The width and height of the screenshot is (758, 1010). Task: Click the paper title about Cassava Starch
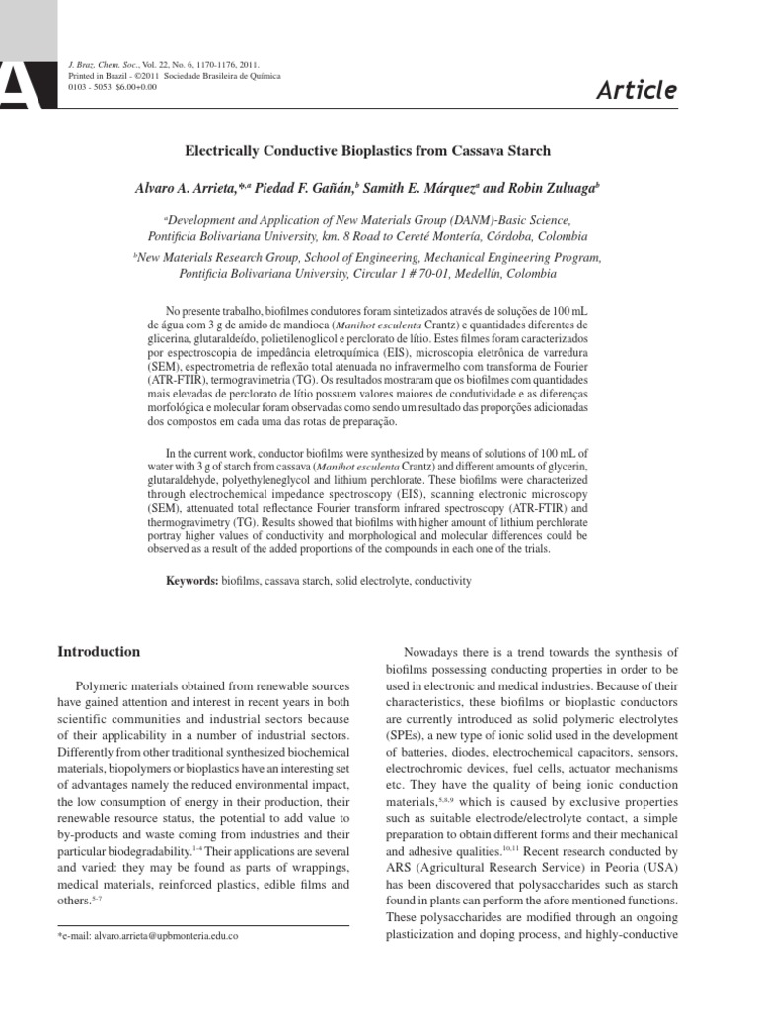click(x=369, y=151)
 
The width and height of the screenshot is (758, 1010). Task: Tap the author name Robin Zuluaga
click(x=548, y=185)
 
